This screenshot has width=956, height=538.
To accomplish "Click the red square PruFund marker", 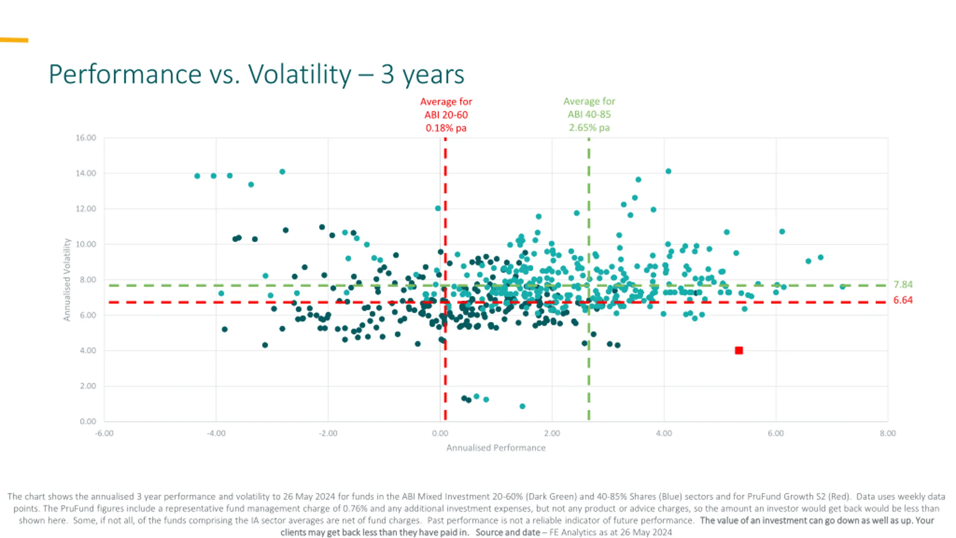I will click(739, 350).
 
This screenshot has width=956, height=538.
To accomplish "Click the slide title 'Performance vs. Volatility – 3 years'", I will click(256, 74).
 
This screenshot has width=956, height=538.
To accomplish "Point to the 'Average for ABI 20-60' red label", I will click(446, 115).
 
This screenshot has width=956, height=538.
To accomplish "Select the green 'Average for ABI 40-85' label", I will click(589, 114).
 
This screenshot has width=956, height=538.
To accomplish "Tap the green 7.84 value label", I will click(903, 285).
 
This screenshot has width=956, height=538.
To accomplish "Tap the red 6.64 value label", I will click(903, 300).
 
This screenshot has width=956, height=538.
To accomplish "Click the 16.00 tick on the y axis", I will click(86, 138).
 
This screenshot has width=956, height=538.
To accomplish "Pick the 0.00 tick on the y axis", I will click(88, 421).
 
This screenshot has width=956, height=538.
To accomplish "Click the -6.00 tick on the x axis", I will click(104, 433).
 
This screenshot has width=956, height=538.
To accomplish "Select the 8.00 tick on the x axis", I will click(888, 433).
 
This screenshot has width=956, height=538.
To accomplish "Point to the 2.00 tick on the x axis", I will click(552, 433).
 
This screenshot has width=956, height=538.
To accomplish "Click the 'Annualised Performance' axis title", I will click(496, 448).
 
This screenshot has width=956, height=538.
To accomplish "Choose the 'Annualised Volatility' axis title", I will click(67, 280).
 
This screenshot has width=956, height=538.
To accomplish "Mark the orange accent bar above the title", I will click(14, 40).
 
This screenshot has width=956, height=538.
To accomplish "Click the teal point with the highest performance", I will click(842, 287).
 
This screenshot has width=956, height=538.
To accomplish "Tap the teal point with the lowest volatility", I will click(522, 406).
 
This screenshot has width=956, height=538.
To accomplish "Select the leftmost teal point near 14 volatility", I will click(197, 176).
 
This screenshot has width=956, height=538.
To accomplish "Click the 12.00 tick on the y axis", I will click(86, 209).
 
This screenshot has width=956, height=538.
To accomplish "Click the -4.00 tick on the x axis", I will click(216, 433).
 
